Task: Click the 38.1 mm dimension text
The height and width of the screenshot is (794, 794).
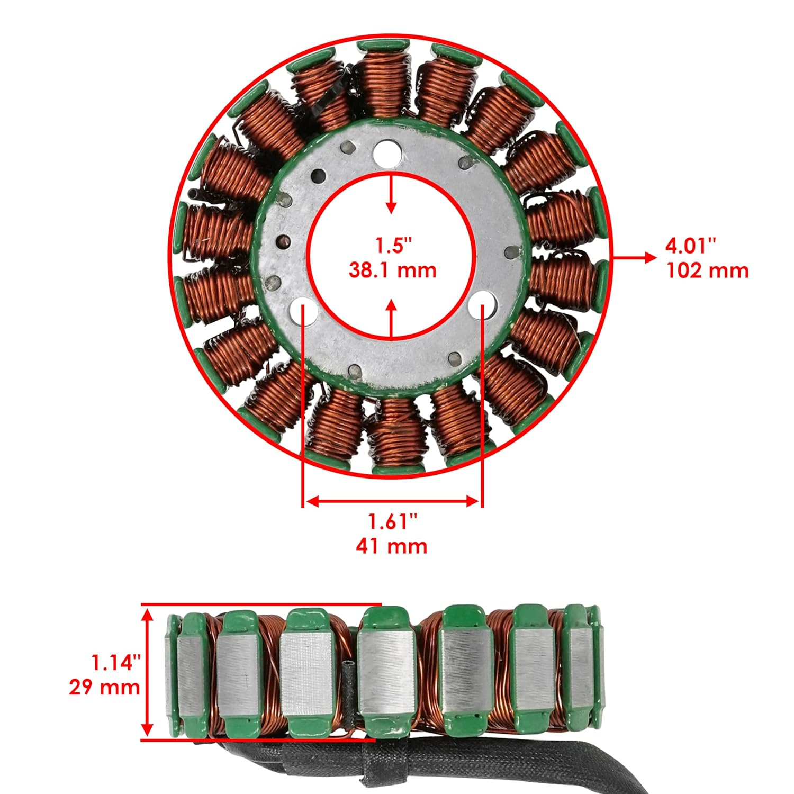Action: click(392, 270)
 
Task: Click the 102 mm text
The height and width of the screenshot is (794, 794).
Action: click(707, 270)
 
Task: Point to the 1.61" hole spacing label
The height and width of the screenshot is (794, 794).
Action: click(393, 522)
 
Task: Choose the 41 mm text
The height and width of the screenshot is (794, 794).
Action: click(392, 546)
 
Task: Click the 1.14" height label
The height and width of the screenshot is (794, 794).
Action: click(116, 663)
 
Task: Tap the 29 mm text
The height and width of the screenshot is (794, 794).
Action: click(104, 687)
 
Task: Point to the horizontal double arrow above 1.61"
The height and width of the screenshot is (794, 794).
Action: click(392, 501)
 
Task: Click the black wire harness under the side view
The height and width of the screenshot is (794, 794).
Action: click(529, 762)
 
